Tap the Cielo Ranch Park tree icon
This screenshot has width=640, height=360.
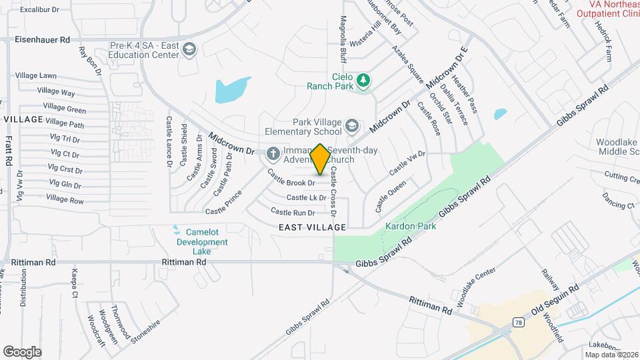click(x=363, y=81)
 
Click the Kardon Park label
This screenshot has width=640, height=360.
click(x=410, y=227)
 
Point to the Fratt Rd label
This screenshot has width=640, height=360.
click(x=9, y=151)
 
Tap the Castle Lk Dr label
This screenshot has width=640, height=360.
click(x=306, y=197)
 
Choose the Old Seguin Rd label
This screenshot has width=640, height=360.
click(x=555, y=302)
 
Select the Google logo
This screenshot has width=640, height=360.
click(x=23, y=351)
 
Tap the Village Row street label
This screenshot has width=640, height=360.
click(x=65, y=199)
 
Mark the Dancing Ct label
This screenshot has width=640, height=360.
click(x=618, y=201)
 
